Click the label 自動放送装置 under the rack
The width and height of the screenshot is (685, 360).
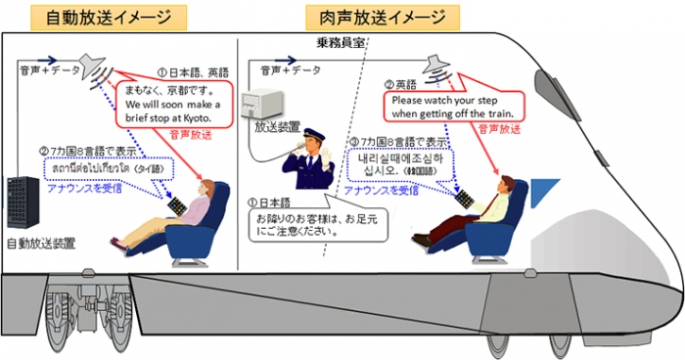(x=40, y=242)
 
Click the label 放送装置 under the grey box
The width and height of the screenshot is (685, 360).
(x=276, y=127)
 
